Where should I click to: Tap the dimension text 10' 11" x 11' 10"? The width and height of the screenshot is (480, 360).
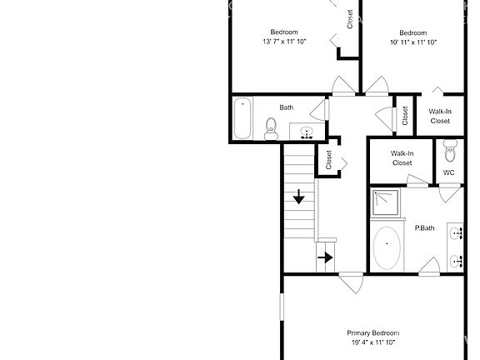coord(412,42)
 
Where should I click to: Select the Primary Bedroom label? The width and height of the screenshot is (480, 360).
coord(372,332)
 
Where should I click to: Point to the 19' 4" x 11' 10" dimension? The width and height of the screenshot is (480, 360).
coord(372,342)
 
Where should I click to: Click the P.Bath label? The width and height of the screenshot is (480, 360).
coord(425,228)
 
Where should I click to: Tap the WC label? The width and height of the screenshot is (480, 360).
coord(448,172)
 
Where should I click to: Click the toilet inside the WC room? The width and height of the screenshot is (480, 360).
coord(450,152)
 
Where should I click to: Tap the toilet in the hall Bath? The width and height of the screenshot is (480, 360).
coord(271,127)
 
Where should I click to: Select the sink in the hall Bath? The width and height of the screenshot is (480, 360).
coord(306,132)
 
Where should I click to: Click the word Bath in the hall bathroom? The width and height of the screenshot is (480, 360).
coord(286,107)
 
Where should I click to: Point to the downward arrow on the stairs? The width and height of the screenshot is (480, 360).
coord(298,197)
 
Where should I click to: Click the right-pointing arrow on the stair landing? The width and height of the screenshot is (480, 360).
coord(325,257)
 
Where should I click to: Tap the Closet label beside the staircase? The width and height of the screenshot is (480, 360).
coord(328,160)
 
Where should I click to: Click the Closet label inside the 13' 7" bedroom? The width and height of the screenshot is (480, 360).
coord(350,19)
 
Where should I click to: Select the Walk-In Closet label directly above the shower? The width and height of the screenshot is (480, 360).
coord(402,157)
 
